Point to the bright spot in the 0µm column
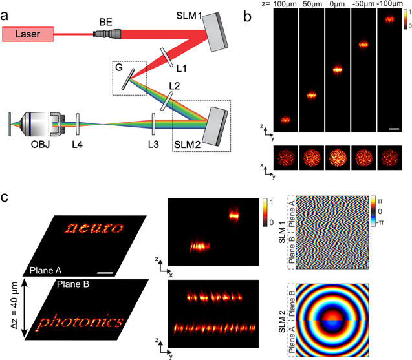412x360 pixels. point(337,69)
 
